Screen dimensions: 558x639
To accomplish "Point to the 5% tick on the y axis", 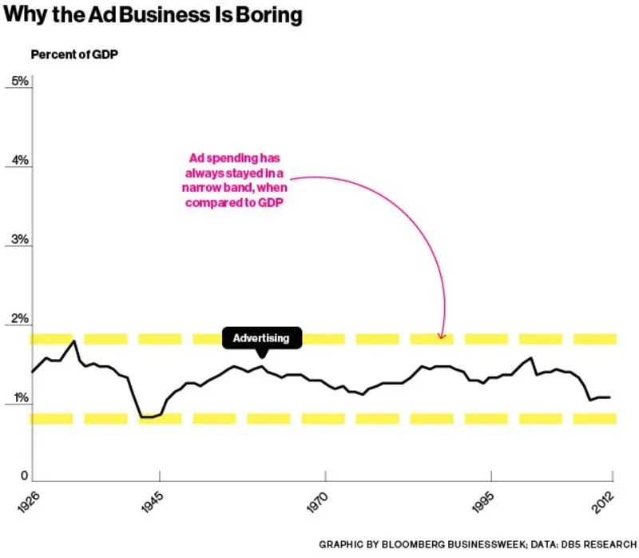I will [x=17, y=82].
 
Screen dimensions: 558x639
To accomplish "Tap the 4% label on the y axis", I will [x=17, y=161].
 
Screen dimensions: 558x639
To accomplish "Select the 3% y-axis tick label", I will [x=17, y=240].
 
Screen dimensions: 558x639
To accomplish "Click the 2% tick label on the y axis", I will [x=17, y=319].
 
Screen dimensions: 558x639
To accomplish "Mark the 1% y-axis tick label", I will [x=17, y=398].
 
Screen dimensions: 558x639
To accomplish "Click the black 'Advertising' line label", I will [x=261, y=338].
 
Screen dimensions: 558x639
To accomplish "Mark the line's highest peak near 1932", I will [x=74, y=341].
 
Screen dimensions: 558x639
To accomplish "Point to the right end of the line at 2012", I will [x=611, y=397].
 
